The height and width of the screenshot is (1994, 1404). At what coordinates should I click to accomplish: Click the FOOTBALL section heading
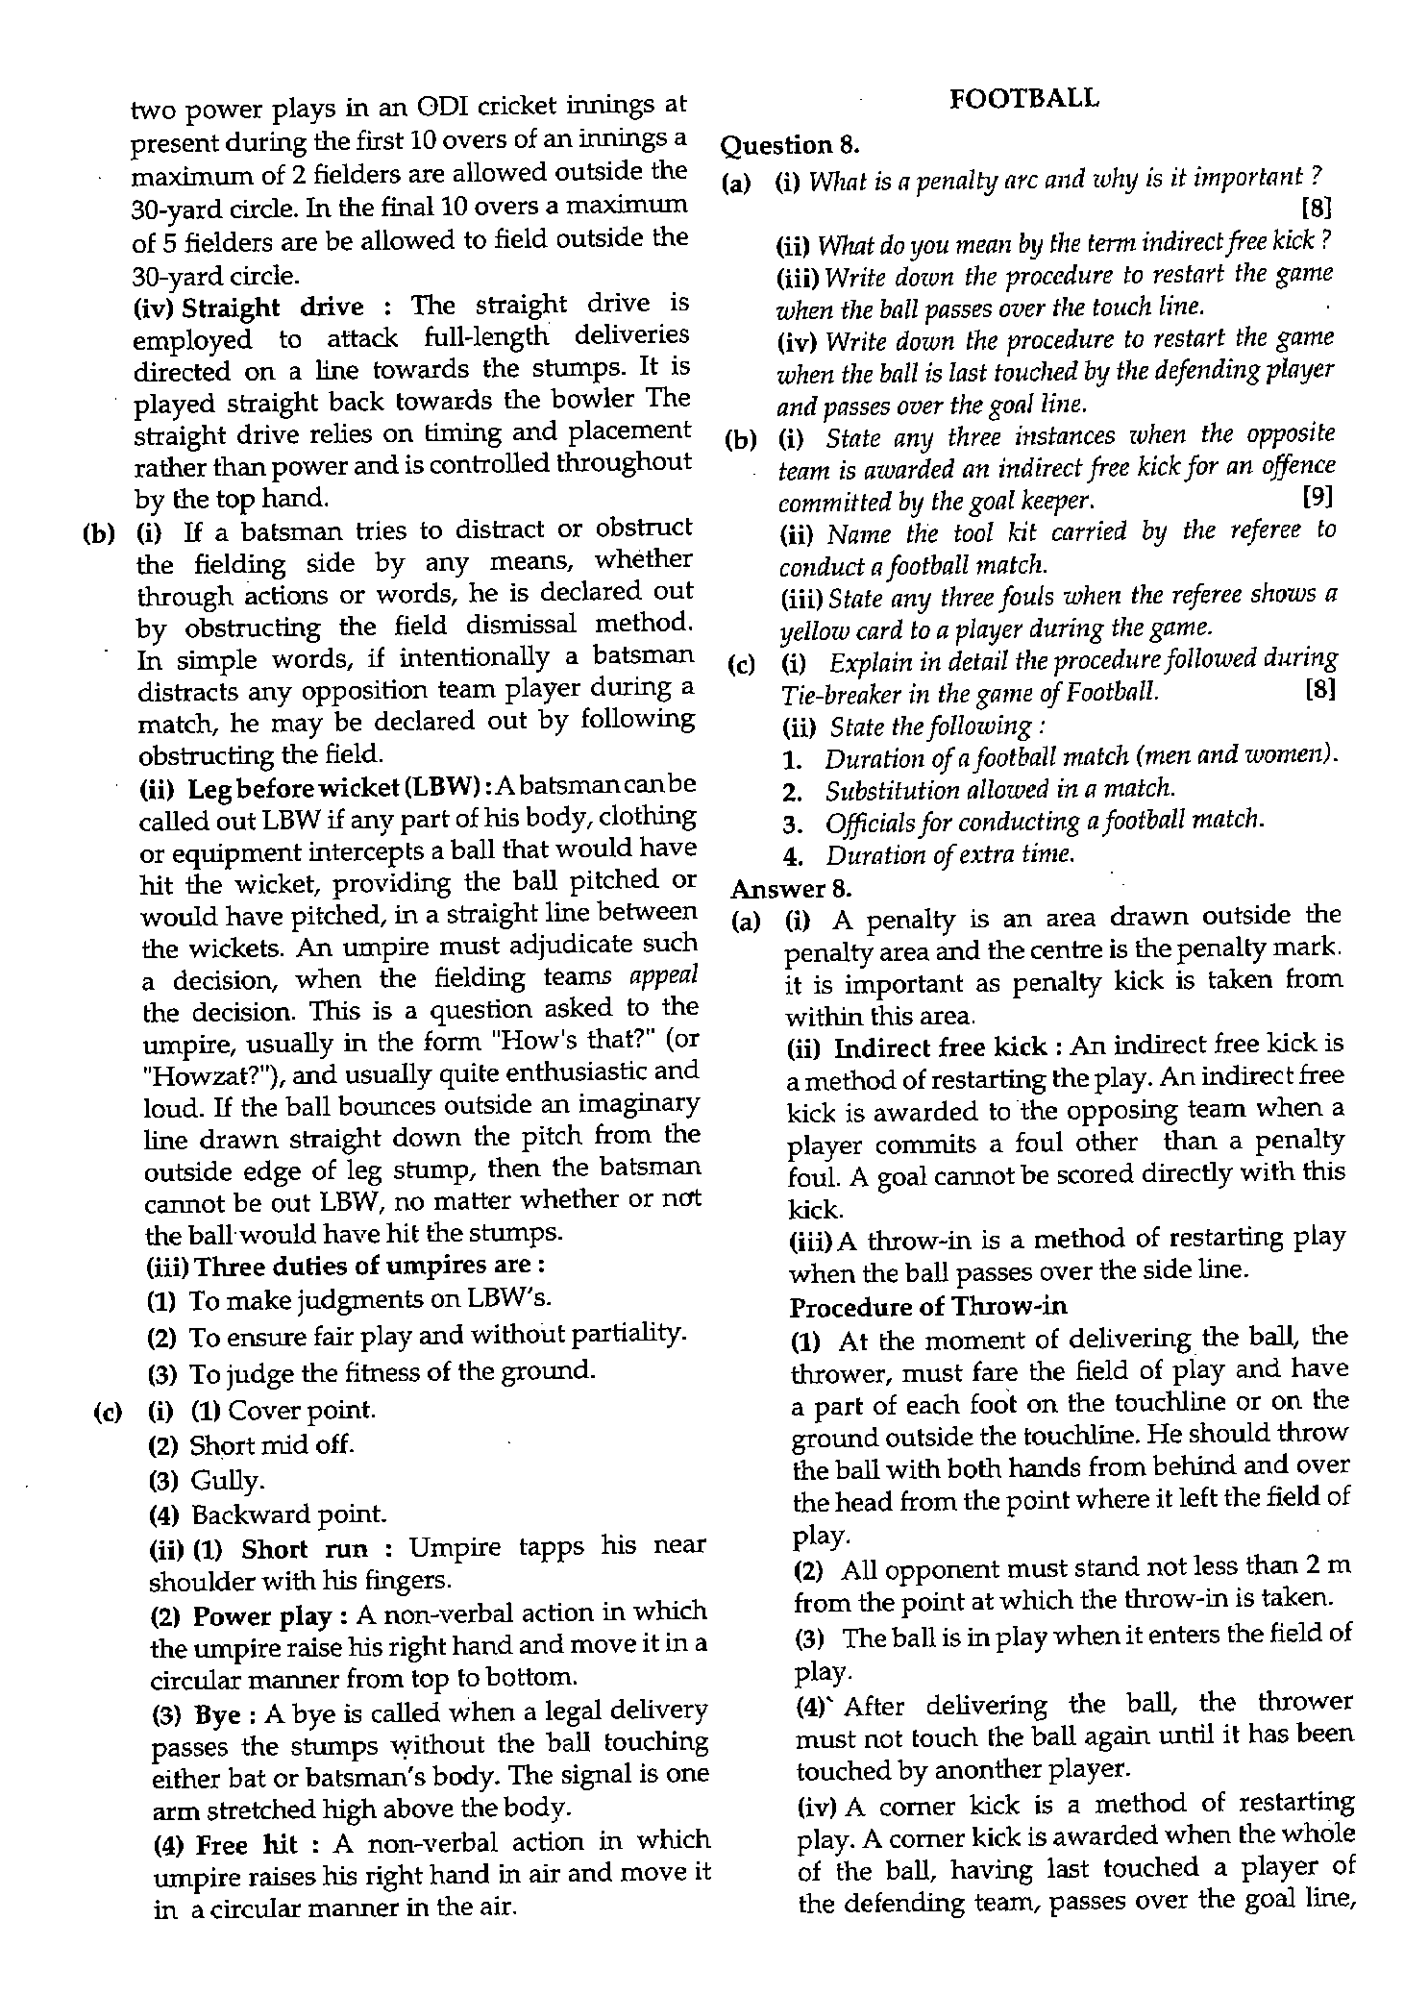pos(1023,98)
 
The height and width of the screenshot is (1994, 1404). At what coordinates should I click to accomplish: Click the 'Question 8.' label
pos(789,146)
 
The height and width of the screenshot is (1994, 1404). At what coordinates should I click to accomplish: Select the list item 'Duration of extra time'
pos(948,854)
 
